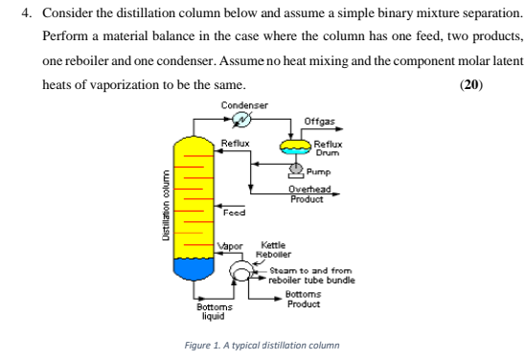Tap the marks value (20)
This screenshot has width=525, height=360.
(470, 83)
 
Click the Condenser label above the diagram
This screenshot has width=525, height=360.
(244, 104)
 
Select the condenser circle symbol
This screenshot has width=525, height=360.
(242, 120)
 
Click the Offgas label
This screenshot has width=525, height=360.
(318, 121)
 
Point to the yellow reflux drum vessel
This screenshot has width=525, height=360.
(295, 145)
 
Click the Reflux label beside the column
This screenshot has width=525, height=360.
(235, 144)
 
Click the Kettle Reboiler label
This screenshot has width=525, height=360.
(273, 251)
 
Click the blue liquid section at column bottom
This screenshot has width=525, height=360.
(200, 270)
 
